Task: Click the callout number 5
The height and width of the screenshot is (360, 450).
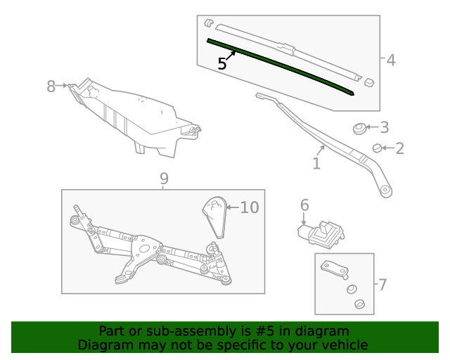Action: click(222, 63)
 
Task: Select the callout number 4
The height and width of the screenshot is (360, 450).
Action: click(391, 60)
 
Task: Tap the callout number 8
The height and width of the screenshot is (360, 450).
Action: click(51, 86)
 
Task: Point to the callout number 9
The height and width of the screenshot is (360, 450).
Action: click(164, 179)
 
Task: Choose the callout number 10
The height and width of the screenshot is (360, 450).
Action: click(250, 207)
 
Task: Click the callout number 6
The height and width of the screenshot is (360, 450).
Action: click(304, 205)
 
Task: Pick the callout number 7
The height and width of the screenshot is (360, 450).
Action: click(382, 285)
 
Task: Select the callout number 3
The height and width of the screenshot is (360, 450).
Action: click(385, 127)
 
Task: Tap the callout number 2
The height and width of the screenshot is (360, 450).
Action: click(399, 148)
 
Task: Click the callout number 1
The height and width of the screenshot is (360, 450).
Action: click(316, 164)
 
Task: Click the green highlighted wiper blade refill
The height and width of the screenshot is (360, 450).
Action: click(281, 66)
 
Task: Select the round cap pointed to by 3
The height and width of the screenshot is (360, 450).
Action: click(359, 129)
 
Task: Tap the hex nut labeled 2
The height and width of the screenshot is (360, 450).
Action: click(377, 148)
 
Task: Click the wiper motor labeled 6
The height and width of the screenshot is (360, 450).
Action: click(321, 234)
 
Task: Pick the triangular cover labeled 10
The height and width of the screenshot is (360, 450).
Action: click(214, 217)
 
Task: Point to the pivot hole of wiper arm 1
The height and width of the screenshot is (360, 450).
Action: click(385, 190)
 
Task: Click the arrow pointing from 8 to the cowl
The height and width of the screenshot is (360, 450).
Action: click(61, 86)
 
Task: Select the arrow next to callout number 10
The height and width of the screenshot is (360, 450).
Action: click(233, 207)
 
